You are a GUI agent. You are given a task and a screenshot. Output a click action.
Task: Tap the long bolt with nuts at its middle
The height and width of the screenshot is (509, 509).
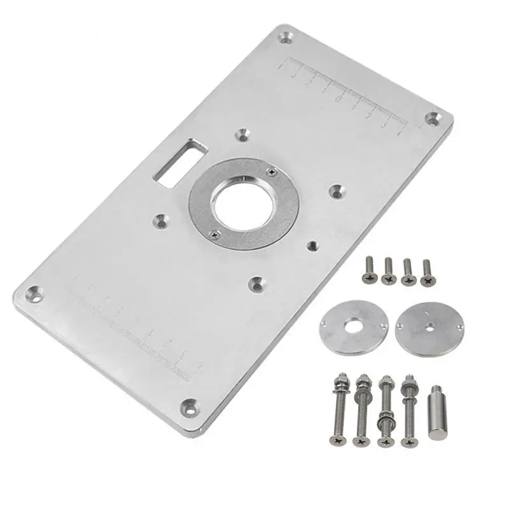pos(384,412)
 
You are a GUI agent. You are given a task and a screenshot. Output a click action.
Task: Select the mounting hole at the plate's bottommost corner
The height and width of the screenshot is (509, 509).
pos(188,406)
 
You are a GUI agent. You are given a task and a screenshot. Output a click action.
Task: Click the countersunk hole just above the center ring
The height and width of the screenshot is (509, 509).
pos(242,135)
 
